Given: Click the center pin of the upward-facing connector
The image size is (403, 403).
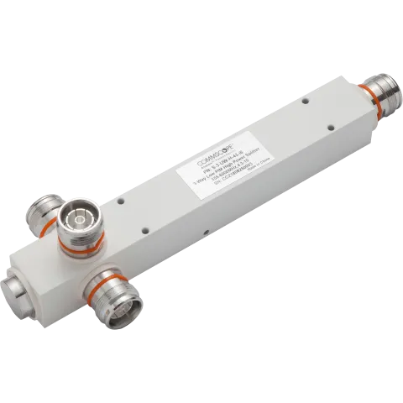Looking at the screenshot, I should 82,221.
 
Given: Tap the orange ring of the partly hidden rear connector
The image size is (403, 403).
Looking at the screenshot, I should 41,229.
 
